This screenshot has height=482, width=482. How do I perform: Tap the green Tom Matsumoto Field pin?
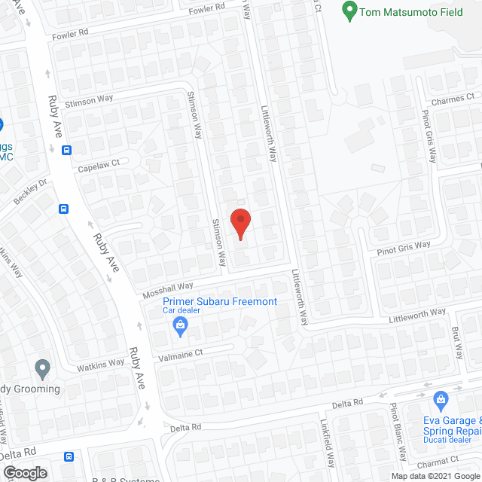pyautogui.click(x=349, y=11)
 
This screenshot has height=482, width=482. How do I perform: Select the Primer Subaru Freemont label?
pyautogui.click(x=220, y=302)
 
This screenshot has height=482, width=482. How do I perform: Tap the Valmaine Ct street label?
pyautogui.click(x=178, y=352)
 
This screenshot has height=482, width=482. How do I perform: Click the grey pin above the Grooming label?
pyautogui.click(x=42, y=369)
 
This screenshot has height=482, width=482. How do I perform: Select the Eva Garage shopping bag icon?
pyautogui.click(x=441, y=399)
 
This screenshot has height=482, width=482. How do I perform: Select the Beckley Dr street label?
pyautogui.click(x=31, y=193)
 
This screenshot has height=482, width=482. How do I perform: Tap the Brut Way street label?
pyautogui.click(x=457, y=343)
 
